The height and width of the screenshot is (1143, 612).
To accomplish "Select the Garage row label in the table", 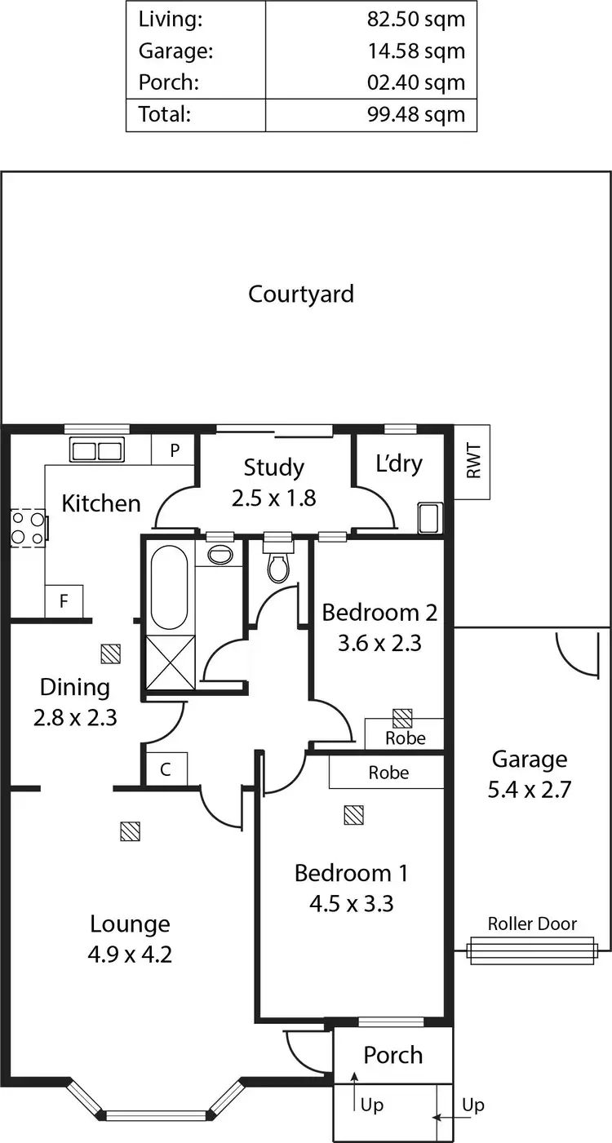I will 175,51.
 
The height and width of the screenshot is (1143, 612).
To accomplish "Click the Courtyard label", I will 301,294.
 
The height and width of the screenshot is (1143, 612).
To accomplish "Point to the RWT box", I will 472,462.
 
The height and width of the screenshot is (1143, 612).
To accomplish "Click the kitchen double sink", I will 96,449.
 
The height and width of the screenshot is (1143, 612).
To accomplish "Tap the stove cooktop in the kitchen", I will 28,528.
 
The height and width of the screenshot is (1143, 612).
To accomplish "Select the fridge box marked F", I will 64,603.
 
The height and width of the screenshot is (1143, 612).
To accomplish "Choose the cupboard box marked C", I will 166,769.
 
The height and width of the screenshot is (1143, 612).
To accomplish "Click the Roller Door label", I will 532,924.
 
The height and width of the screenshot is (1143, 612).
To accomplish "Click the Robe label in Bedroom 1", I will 388,772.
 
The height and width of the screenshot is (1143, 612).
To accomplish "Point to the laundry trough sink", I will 429,517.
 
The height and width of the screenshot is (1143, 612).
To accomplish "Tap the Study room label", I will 273,467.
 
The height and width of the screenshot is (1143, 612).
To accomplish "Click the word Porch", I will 392,1055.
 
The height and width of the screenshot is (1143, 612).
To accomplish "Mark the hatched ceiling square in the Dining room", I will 110,653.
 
